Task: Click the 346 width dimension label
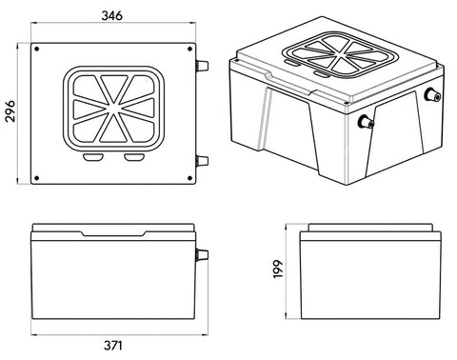click(111, 15)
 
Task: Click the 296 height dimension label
click(10, 110)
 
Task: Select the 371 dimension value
click(113, 346)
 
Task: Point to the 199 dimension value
click(278, 270)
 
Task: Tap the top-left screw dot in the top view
click(37, 49)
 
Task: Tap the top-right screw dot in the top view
click(189, 49)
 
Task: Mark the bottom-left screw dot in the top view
click(37, 178)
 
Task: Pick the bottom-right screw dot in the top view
click(189, 178)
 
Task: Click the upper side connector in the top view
click(202, 66)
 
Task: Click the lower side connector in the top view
click(202, 161)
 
